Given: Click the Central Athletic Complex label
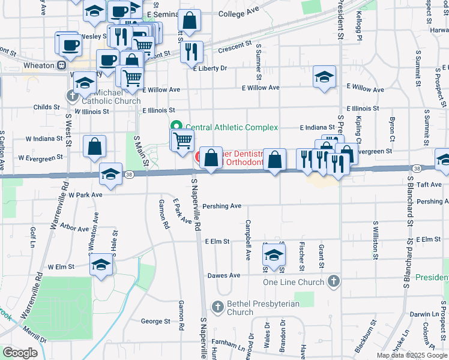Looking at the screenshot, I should (x=231, y=127).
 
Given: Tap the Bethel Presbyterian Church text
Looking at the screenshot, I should (x=263, y=308).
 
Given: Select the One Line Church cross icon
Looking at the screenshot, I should (x=334, y=281).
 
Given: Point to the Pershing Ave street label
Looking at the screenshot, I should (x=221, y=206).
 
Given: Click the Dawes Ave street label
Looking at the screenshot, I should (x=223, y=275).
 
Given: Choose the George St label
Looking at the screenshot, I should (x=152, y=321).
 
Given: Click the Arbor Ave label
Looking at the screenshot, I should (x=74, y=228).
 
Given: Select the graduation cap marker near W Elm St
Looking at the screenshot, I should (x=101, y=265).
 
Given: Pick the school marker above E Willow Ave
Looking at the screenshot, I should (x=324, y=77).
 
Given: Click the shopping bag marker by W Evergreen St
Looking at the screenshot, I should (x=95, y=146).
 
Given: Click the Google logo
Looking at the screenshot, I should (x=20, y=353).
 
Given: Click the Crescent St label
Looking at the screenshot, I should (x=235, y=46).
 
